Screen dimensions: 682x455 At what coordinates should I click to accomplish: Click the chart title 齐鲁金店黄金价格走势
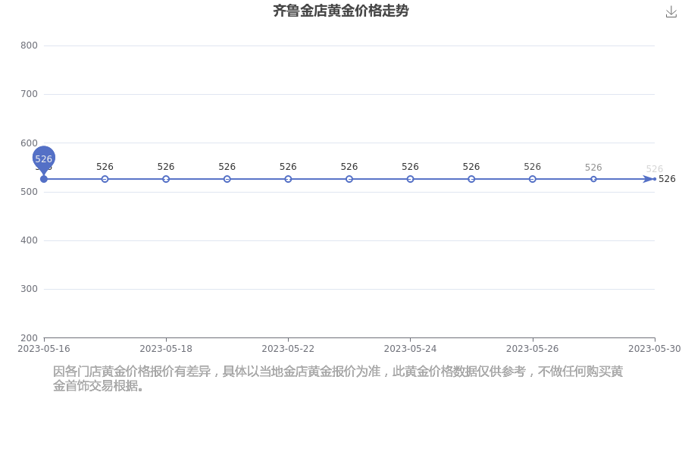tap(340, 11)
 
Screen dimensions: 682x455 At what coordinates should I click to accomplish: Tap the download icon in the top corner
tap(671, 12)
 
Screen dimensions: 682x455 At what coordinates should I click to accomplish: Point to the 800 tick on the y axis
tap(29, 45)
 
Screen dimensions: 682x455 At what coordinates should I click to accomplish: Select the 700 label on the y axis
tap(29, 94)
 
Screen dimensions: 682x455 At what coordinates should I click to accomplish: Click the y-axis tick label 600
tap(29, 143)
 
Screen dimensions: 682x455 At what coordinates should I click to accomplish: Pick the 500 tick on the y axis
tap(29, 192)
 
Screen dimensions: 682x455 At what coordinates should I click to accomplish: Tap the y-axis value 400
tap(29, 240)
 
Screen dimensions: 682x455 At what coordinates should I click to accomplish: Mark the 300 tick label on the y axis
tap(29, 289)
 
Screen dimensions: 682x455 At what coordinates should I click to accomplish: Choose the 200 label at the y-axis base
tap(29, 338)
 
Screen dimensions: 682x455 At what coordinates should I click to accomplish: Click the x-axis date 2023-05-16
tap(43, 349)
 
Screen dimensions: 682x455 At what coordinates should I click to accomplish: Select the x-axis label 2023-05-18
tap(166, 349)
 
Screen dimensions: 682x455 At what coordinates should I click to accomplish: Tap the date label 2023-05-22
tap(288, 349)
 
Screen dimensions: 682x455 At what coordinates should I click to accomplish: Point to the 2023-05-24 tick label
tap(410, 349)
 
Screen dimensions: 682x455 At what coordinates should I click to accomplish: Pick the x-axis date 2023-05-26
tap(533, 349)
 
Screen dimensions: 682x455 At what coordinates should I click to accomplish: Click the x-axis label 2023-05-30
tap(655, 349)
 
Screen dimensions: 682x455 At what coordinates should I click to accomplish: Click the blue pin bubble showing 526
tap(43, 158)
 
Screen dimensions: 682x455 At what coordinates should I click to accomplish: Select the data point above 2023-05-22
tap(288, 179)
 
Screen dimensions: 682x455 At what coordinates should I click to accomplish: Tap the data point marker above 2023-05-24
tap(410, 179)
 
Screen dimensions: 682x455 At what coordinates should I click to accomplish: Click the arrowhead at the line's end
tap(649, 179)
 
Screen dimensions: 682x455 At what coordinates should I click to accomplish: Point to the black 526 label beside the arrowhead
tap(667, 179)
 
